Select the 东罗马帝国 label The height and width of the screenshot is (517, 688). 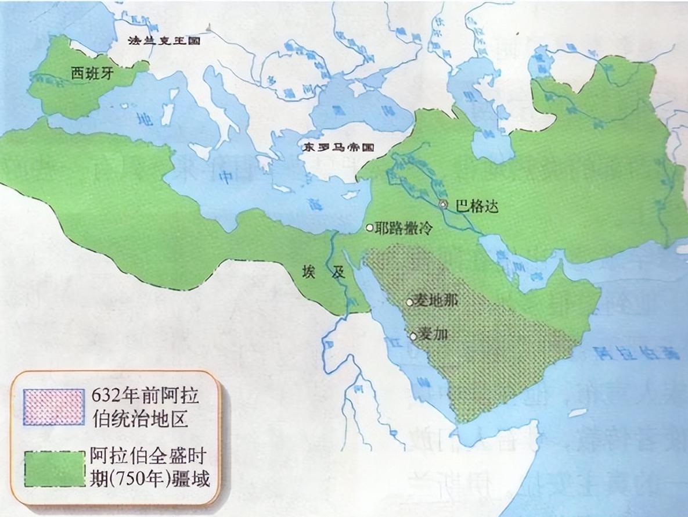pyautogui.click(x=337, y=148)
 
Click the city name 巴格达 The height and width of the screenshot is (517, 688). pyautogui.click(x=477, y=206)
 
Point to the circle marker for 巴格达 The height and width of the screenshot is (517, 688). pyautogui.click(x=444, y=204)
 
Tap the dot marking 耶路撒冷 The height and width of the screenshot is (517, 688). pyautogui.click(x=369, y=228)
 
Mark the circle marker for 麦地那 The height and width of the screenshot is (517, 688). pyautogui.click(x=410, y=302)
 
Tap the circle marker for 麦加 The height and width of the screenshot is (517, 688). pyautogui.click(x=413, y=336)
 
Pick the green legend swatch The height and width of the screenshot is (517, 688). pyautogui.click(x=53, y=468)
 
